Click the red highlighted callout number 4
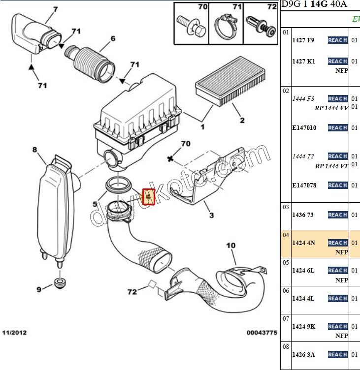[x=148, y=197]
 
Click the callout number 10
[x=231, y=246]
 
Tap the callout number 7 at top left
[x=55, y=9]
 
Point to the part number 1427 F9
[x=303, y=40]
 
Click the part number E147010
[x=304, y=128]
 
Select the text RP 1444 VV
[x=332, y=108]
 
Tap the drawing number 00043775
[x=262, y=333]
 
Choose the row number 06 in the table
[x=286, y=291]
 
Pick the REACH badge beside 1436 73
[x=337, y=215]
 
